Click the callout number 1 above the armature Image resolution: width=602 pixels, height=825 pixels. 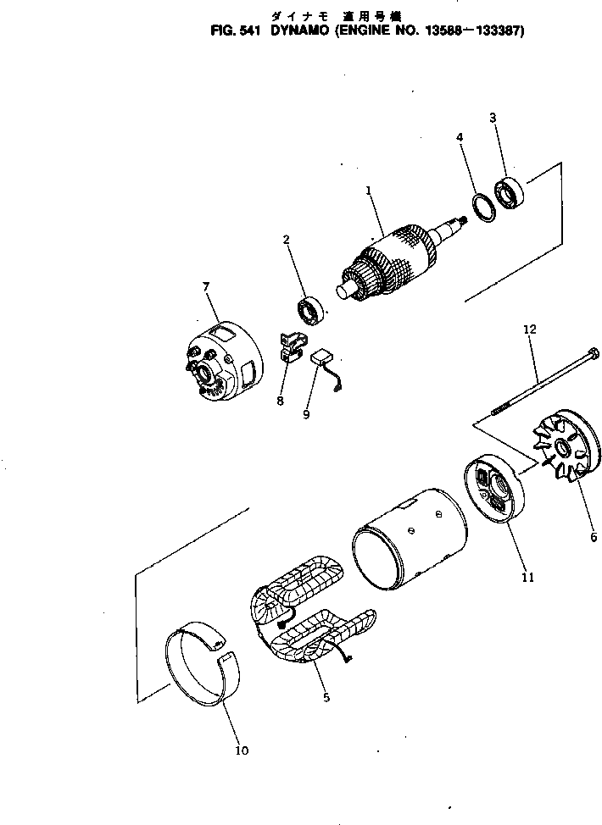click(369, 191)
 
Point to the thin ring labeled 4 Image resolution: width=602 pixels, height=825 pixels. click(482, 206)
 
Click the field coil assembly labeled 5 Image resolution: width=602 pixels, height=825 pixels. click(306, 622)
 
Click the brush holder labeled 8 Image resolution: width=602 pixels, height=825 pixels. click(291, 346)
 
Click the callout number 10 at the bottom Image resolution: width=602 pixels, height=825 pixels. click(242, 750)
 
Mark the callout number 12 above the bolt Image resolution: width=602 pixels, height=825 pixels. click(530, 329)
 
